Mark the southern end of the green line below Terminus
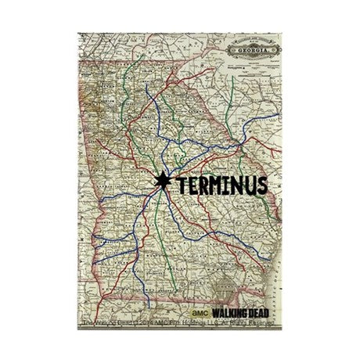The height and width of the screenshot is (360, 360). tap(160, 270)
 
